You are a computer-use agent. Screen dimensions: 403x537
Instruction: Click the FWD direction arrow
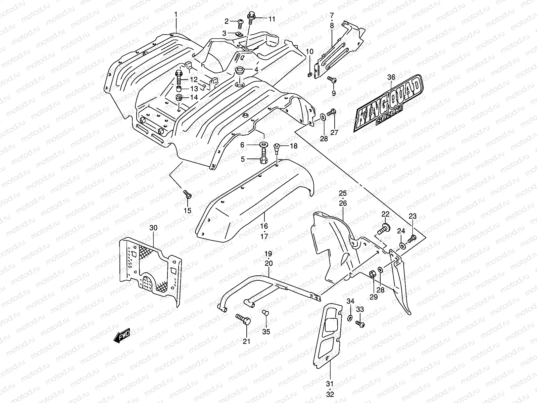point(122,336)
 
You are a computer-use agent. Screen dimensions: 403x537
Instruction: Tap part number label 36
point(391,77)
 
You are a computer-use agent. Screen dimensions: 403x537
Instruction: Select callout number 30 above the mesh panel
point(153,228)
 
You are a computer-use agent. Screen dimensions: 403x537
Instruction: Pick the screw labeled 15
point(187,194)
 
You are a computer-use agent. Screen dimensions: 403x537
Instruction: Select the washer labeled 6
point(264,145)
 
